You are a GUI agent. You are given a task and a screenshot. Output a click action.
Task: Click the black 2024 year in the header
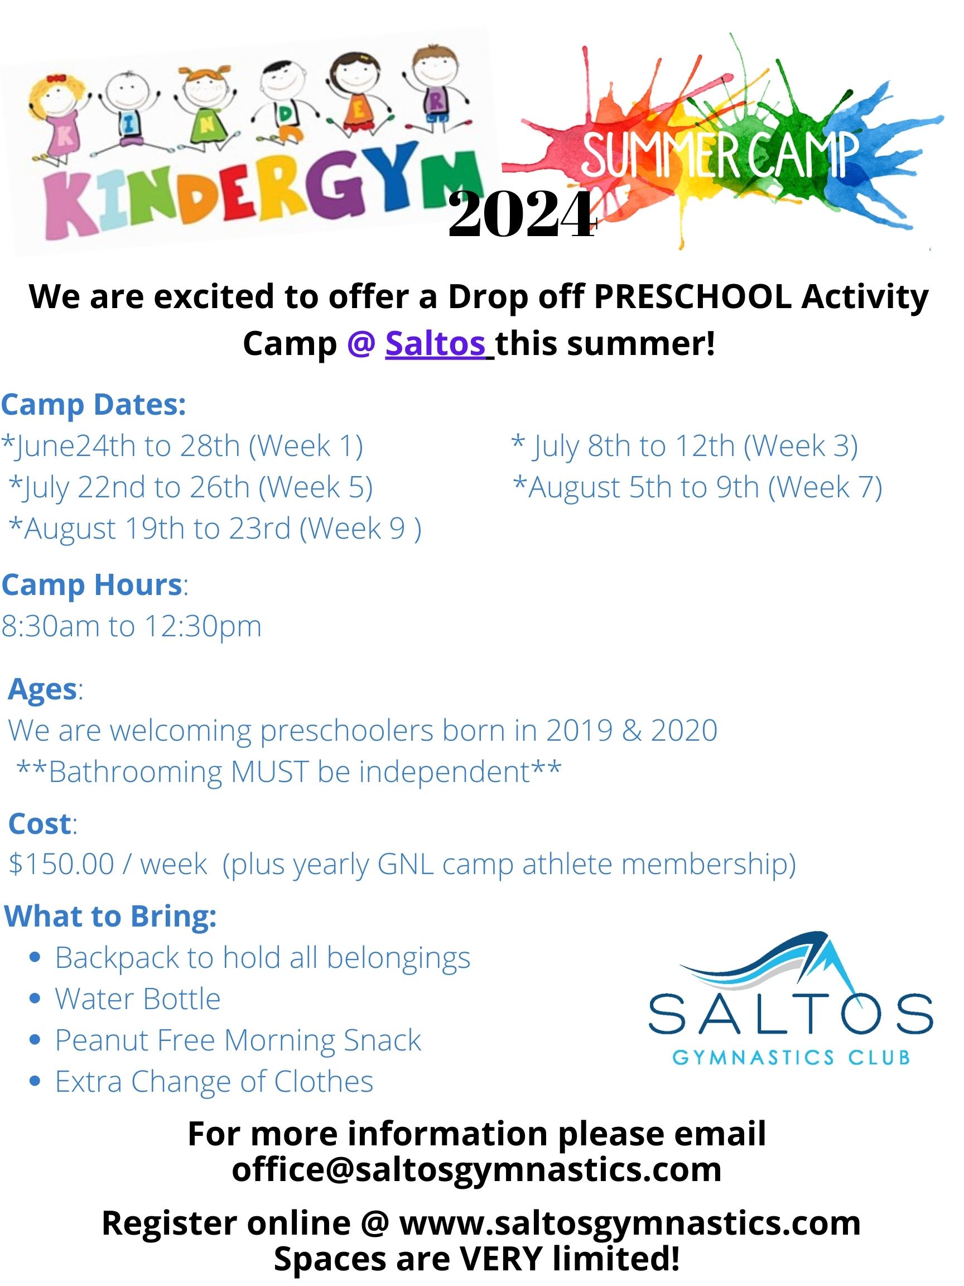click(x=522, y=215)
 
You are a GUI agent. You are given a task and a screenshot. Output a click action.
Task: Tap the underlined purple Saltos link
click(x=435, y=344)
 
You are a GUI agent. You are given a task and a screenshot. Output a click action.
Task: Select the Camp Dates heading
click(x=94, y=405)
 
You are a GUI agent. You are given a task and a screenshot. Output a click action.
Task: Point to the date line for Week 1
click(x=182, y=447)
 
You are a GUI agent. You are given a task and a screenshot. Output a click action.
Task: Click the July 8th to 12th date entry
click(x=685, y=447)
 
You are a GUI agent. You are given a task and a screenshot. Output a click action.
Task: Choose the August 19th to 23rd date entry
click(x=215, y=529)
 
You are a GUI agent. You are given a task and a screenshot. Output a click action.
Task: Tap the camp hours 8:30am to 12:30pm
click(x=131, y=626)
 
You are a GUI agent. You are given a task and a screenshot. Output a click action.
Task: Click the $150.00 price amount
click(x=61, y=864)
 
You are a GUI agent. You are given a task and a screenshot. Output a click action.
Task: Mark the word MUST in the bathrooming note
click(x=269, y=772)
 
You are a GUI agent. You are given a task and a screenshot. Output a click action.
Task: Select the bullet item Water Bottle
click(x=138, y=999)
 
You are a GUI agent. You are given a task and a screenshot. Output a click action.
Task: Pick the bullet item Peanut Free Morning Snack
click(x=238, y=1040)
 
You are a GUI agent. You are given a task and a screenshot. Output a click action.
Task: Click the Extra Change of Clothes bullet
click(x=214, y=1082)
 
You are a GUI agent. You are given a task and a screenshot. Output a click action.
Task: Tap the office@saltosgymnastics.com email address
click(x=476, y=1170)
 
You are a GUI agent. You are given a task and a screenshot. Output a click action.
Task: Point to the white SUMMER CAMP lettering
click(x=721, y=155)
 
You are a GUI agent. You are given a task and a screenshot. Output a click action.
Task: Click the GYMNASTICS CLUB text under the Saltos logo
click(x=791, y=1057)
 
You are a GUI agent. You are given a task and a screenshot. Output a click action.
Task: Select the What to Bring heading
click(x=110, y=917)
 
